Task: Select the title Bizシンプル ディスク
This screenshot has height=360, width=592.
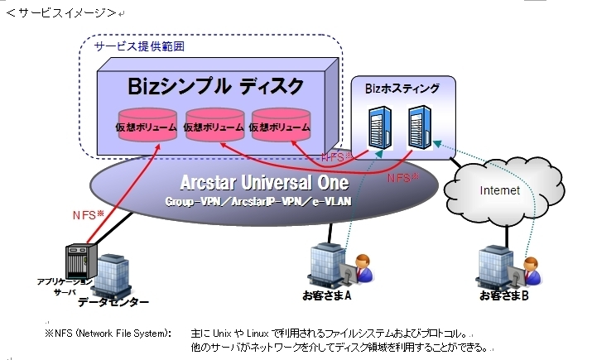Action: (216, 86)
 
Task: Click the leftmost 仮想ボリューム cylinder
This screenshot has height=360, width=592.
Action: (147, 127)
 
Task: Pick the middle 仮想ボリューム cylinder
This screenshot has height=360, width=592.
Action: (214, 127)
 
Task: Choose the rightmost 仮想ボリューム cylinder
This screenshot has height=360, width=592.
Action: (281, 127)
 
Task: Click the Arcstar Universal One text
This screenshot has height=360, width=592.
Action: (264, 182)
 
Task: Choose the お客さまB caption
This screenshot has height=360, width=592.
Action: (504, 295)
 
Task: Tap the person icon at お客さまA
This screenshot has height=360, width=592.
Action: (361, 271)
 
